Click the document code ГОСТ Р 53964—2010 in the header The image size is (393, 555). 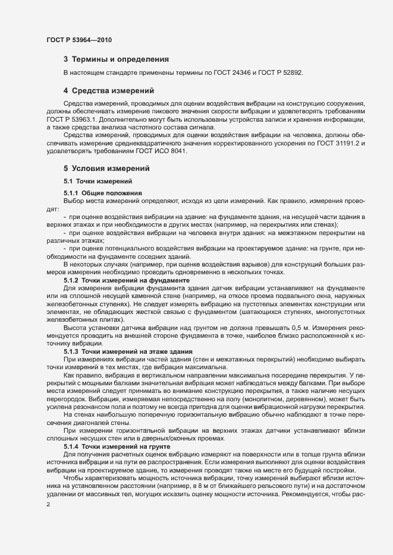point(78,40)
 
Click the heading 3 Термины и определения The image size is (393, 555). point(116,59)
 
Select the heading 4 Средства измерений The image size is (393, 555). point(109,91)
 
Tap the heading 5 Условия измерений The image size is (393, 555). point(106,169)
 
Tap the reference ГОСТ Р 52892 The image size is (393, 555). point(279,72)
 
